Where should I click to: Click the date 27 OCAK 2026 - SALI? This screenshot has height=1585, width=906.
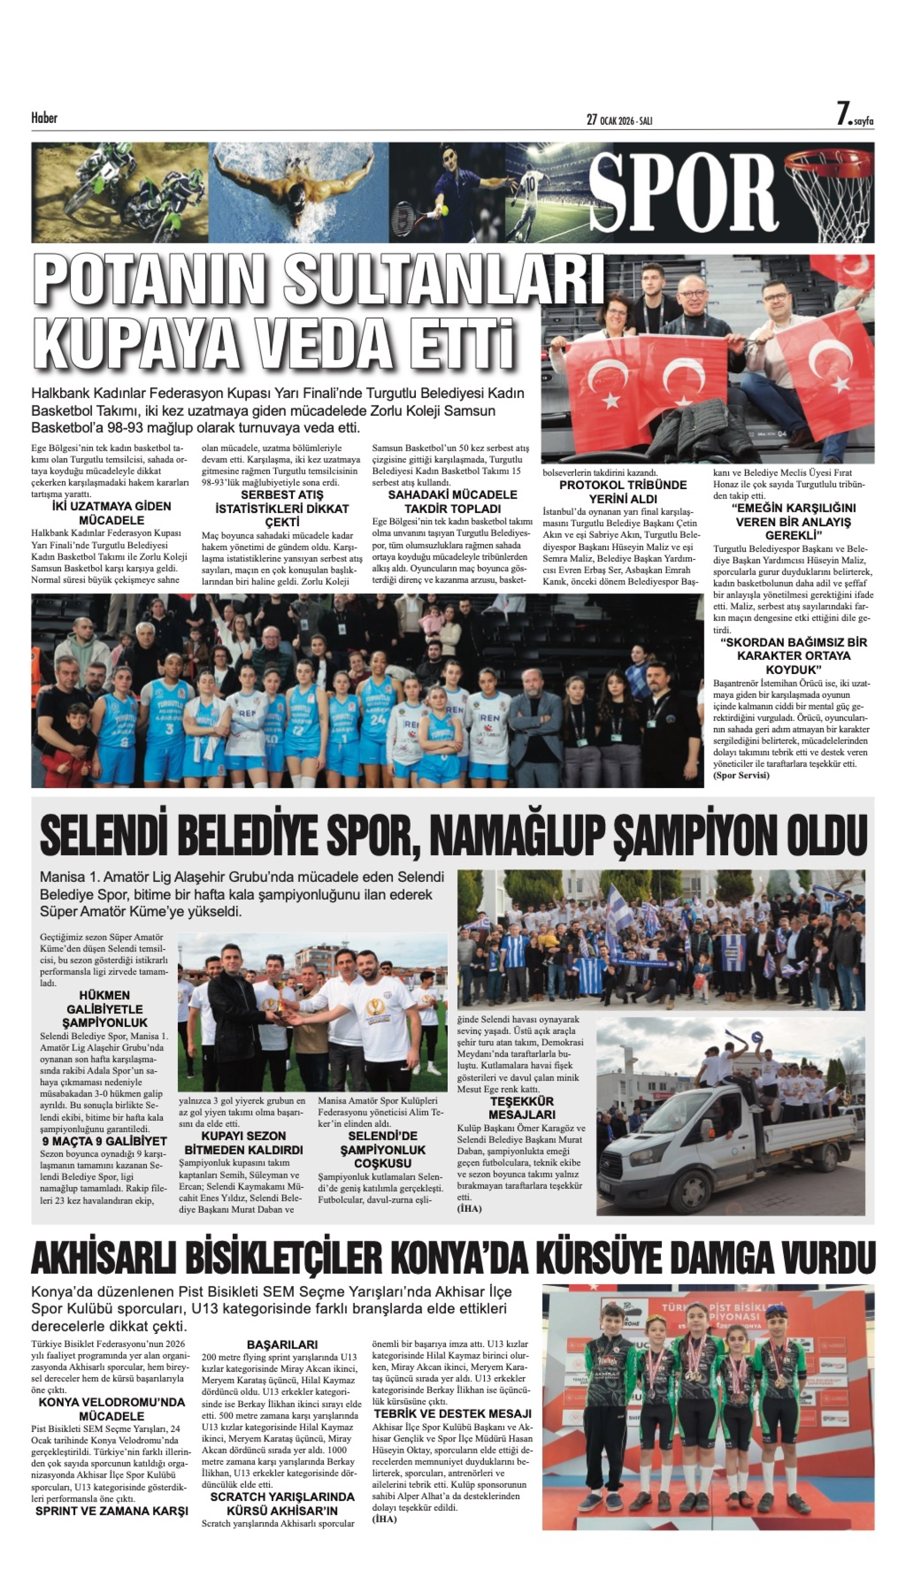click(x=619, y=120)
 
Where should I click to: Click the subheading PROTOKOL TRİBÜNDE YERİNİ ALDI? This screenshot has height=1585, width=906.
click(x=623, y=491)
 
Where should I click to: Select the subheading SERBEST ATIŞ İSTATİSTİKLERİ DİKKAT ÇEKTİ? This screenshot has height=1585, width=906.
click(x=282, y=508)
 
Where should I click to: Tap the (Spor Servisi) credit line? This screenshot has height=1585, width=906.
click(x=741, y=775)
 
